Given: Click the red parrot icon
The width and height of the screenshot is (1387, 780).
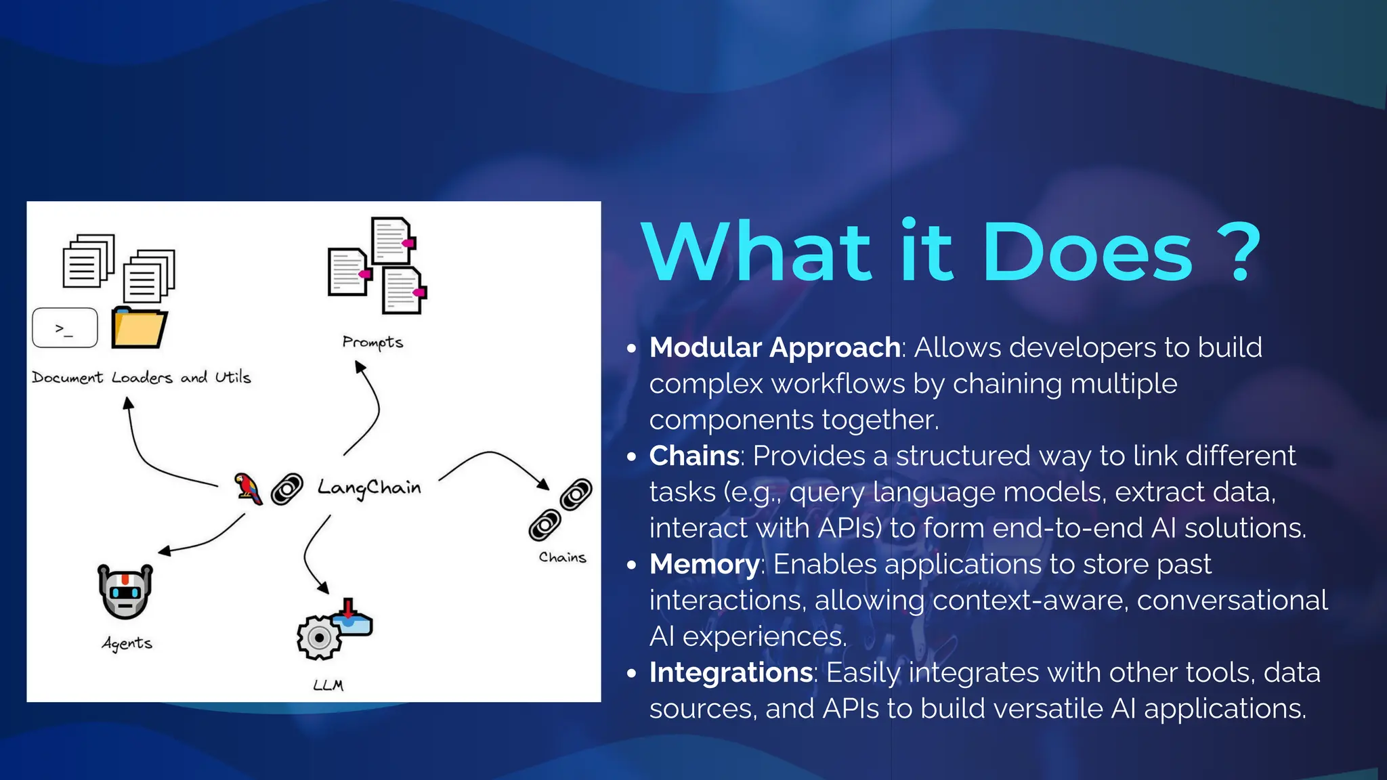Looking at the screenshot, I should pos(248,488).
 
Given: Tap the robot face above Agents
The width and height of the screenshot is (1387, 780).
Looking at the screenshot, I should pos(125,592).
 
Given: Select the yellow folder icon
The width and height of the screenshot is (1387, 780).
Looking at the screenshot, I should pos(139,328).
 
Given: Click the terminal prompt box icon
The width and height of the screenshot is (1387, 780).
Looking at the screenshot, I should pos(65,328).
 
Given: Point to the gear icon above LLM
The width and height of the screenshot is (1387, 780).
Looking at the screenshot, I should pos(318,637).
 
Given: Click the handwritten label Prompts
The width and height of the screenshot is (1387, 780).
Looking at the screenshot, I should pos(372,343).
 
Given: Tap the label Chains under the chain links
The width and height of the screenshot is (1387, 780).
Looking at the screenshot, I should pos(562,557).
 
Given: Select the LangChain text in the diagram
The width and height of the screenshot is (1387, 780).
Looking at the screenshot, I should pos(369,488).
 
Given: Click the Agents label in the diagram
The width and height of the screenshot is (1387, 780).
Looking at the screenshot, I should pos(127,643).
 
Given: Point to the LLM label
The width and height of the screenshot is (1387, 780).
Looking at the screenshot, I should pos(328,685).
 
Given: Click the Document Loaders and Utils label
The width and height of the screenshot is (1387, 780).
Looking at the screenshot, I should pos(141,378).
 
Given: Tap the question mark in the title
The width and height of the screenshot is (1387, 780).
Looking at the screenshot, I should pos(1239,253).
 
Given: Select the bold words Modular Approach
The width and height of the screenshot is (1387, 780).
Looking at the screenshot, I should pos(774,348).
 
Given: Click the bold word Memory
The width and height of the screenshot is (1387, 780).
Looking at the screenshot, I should pos(704,565).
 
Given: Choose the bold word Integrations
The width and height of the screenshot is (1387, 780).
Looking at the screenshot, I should pos(731,673).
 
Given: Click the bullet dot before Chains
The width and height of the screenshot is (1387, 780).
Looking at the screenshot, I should pos(632,457).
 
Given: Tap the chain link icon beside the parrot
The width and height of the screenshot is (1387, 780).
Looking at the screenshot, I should pos(287,489).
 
